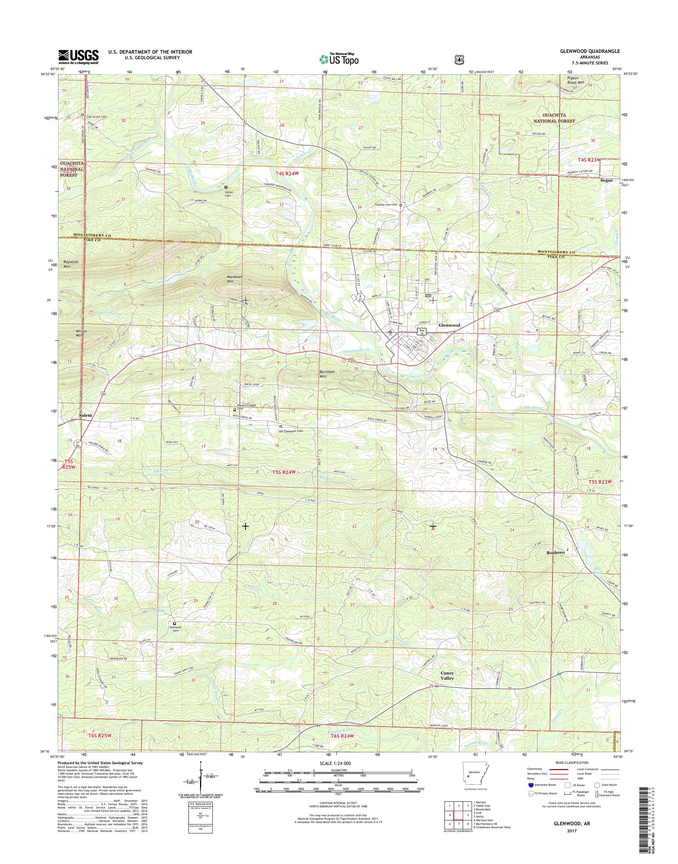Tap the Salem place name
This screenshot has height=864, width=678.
tap(85, 415)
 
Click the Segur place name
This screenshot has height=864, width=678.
tap(607, 180)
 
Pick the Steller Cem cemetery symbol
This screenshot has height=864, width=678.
tap(226, 187)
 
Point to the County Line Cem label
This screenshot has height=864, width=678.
tap(386, 205)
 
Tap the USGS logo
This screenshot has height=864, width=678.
tap(79, 56)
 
